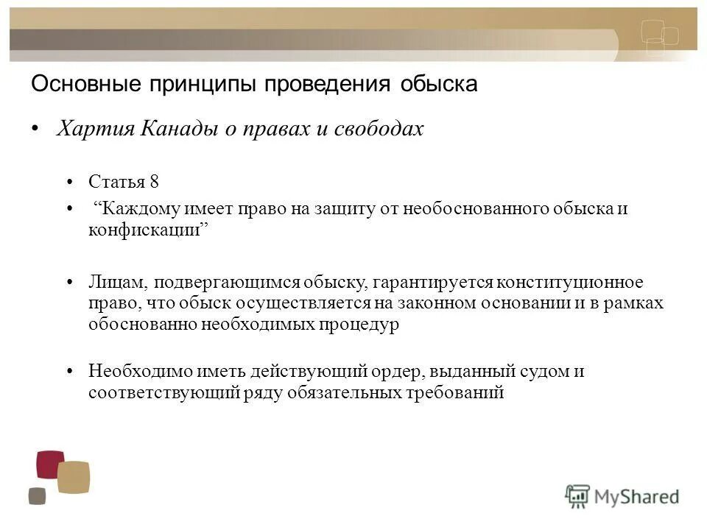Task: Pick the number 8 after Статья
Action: [153, 181]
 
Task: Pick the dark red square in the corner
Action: [50, 464]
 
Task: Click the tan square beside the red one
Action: [73, 477]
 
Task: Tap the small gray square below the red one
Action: [37, 496]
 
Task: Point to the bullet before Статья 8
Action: [71, 182]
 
